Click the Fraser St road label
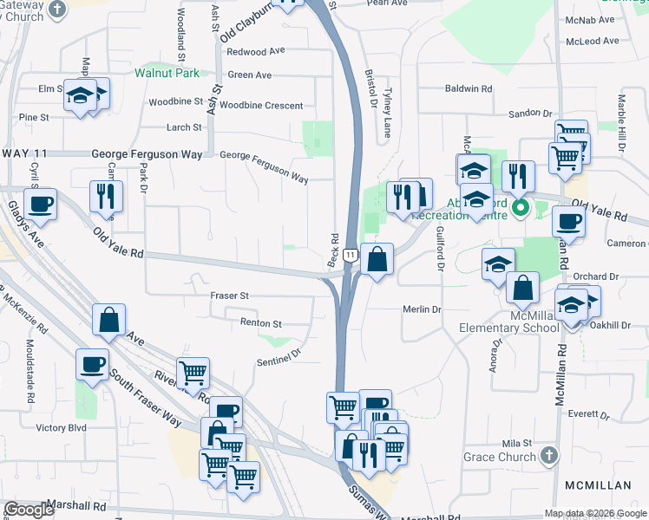[230, 296]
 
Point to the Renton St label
[261, 324]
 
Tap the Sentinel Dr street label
[278, 353]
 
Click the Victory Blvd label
[62, 427]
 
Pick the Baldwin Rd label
[469, 88]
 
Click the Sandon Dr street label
[530, 113]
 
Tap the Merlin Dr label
[423, 309]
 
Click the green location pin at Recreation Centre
[521, 208]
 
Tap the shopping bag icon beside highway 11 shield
[378, 259]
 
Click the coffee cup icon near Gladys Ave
[40, 205]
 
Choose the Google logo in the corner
[29, 510]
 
